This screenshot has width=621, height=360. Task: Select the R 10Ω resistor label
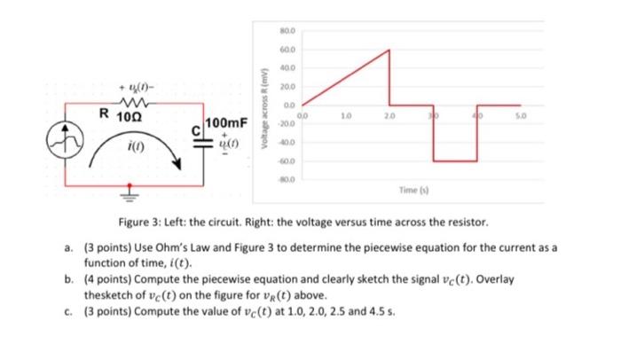pyautogui.click(x=117, y=114)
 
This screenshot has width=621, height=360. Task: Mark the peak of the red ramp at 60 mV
pyautogui.click(x=389, y=50)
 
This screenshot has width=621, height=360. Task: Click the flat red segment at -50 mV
pyautogui.click(x=455, y=161)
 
